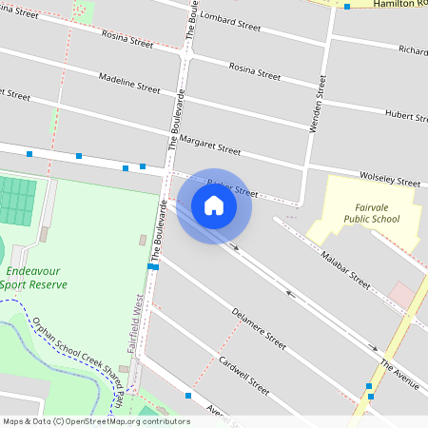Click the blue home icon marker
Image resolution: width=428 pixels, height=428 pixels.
214,204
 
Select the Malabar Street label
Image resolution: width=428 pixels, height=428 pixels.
345,270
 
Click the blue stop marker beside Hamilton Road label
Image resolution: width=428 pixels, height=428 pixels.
348,7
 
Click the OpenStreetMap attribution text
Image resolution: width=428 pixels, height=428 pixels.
95,421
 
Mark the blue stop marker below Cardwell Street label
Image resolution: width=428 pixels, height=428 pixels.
188,395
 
